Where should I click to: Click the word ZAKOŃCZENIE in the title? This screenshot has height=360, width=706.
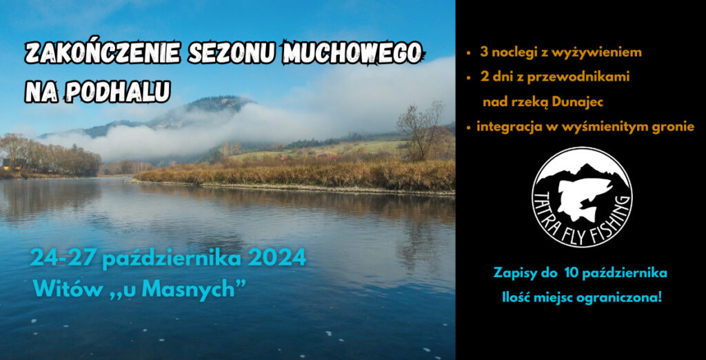[x=103, y=52]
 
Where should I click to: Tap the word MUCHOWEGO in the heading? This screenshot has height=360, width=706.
[x=352, y=52]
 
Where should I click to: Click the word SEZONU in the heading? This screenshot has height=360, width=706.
[x=232, y=52]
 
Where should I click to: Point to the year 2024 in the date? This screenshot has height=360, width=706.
[x=277, y=259]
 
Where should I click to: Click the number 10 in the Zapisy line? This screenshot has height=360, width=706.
[x=565, y=273]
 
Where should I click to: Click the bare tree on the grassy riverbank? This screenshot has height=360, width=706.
[x=421, y=130]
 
